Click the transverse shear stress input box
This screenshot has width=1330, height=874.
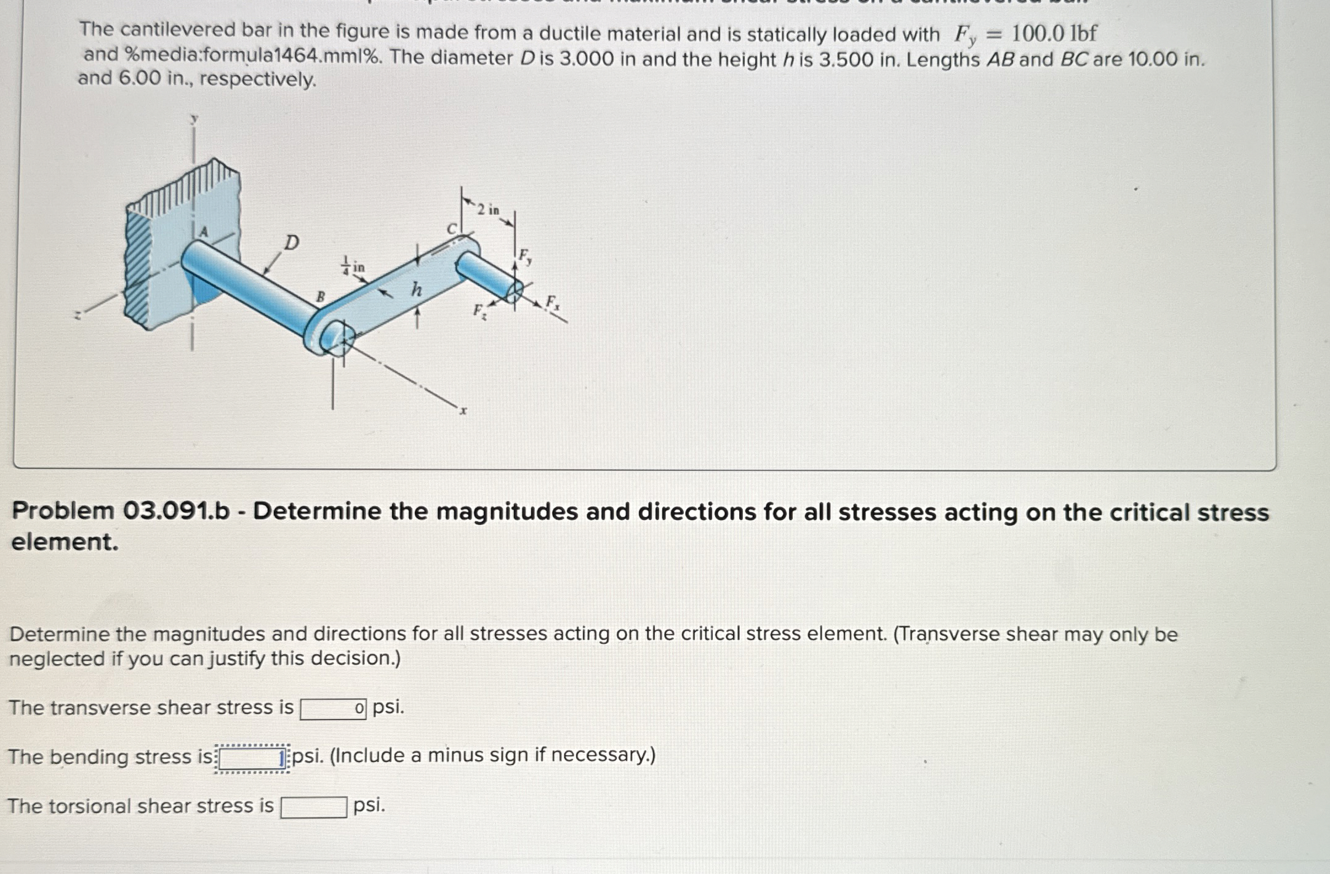click(333, 708)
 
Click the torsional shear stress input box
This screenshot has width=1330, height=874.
click(313, 807)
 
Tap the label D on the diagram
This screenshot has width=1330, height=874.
click(291, 243)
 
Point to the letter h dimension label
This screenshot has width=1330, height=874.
click(417, 289)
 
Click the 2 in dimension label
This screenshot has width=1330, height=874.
click(489, 210)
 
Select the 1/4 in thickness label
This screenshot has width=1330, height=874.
click(353, 266)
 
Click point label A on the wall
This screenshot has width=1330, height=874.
click(204, 232)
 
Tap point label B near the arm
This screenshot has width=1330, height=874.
click(320, 296)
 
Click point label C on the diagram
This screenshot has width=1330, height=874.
click(452, 229)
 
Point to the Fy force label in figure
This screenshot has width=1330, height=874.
click(524, 255)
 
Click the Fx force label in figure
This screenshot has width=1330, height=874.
click(553, 302)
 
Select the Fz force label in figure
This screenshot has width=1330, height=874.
click(479, 311)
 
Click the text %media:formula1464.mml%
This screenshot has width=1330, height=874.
click(252, 55)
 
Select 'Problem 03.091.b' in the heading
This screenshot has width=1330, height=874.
click(121, 511)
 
